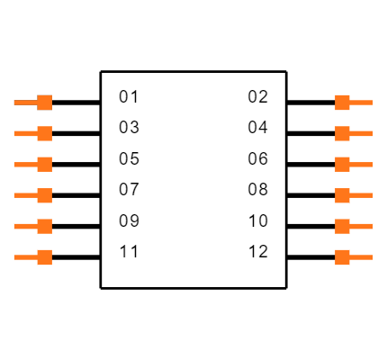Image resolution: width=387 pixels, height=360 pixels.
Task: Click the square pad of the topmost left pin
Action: [44, 103]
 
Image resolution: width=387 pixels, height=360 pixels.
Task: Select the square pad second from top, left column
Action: [44, 133]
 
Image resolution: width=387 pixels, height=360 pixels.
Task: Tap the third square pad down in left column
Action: [44, 165]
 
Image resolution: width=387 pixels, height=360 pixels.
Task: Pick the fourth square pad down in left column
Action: [44, 195]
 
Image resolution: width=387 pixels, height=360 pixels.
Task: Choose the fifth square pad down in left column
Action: [44, 226]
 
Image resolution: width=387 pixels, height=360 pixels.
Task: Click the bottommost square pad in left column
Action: [44, 257]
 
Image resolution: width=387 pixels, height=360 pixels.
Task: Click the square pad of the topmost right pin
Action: [342, 103]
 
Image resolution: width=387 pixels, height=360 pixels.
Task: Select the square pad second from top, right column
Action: [342, 133]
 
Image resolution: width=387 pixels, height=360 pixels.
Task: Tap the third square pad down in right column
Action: [342, 165]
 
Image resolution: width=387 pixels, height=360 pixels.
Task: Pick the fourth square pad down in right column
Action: [342, 195]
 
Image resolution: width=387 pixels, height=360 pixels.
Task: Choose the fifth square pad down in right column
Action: [342, 226]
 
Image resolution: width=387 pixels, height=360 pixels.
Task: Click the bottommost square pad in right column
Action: [342, 257]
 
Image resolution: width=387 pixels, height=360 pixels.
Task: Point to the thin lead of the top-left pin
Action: [24, 103]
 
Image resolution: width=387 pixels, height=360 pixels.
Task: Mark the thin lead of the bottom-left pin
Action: [24, 257]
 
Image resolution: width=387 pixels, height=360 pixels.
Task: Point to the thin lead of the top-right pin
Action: [362, 103]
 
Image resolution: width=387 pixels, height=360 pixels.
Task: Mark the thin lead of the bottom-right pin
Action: [362, 257]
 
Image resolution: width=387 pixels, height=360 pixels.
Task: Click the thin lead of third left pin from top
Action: [24, 165]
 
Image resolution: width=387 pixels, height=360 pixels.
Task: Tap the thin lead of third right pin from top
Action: [362, 165]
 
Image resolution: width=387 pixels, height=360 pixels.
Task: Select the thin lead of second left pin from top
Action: [24, 133]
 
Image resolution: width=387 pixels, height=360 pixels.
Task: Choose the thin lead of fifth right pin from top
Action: [362, 226]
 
